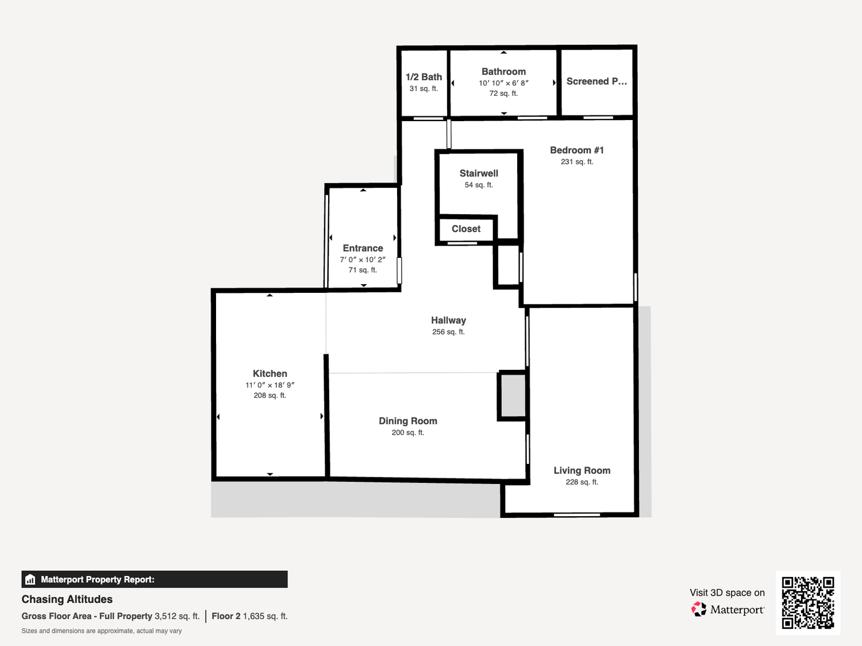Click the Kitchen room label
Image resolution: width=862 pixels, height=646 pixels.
270,373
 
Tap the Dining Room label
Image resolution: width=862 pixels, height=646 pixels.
408,421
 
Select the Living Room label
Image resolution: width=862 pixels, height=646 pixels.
582,470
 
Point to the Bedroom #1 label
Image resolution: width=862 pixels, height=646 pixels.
577,150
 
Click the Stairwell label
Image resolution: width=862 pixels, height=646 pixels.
479,173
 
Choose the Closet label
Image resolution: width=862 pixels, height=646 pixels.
465,229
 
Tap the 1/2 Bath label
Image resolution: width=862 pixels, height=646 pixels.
424,77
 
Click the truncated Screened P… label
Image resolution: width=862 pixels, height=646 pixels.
597,81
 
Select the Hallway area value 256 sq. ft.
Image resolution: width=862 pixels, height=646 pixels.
448,332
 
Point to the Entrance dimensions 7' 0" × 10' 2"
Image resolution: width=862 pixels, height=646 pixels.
363,260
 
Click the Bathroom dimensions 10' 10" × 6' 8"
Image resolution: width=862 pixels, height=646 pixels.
503,83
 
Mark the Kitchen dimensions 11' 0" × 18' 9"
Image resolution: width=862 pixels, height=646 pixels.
270,385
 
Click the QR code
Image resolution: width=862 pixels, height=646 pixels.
808,602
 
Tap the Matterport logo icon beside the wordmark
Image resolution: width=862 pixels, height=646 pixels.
699,609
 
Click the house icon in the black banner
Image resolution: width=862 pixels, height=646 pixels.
30,579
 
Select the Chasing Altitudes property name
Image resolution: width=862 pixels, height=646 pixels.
67,599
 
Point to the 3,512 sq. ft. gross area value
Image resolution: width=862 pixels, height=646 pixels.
177,616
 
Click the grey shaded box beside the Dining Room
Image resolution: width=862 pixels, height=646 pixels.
513,396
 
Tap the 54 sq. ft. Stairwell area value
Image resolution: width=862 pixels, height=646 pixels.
479,185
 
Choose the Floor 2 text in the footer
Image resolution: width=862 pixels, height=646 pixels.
226,616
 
